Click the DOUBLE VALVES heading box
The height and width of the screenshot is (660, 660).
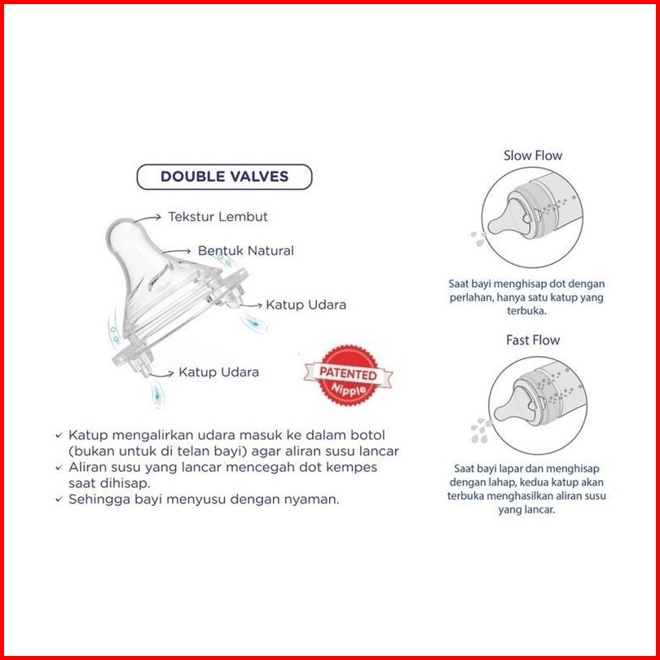coord(224,176)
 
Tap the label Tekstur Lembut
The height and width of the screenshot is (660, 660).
coord(218,217)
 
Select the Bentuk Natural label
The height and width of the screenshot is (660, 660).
coord(246,250)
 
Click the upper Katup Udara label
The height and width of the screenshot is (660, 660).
coord(306,304)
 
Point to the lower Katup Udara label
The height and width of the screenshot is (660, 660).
coord(219,372)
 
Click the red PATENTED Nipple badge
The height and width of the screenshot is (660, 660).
coord(348,375)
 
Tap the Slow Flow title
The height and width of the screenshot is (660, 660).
coord(533,156)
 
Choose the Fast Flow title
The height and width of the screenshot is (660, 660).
coord(533,340)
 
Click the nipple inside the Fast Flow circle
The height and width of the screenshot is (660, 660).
coord(517,405)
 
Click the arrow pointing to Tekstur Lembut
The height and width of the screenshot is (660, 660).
coord(148,218)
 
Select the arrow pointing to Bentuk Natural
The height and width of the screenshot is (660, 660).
coord(177,251)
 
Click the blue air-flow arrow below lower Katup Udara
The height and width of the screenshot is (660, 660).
coord(157,394)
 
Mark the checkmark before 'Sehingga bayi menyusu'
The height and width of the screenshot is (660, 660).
coord(59,500)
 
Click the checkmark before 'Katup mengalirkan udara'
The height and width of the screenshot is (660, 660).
coord(59,436)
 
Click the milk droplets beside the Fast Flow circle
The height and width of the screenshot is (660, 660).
coord(481,431)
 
